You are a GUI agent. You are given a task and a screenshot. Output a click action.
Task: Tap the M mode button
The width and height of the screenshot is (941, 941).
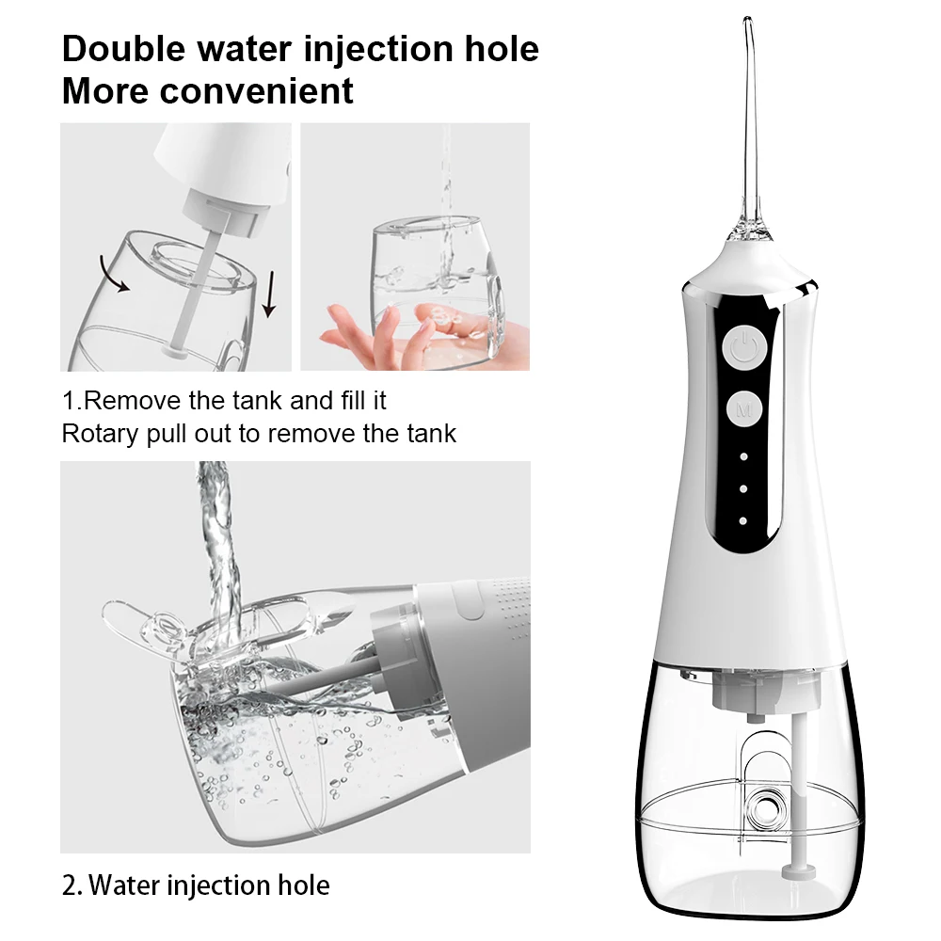click(x=744, y=409)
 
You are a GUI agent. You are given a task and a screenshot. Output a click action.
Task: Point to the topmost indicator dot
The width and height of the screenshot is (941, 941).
click(x=743, y=457)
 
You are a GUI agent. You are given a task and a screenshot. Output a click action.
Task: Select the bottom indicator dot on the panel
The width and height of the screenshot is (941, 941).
click(x=743, y=520)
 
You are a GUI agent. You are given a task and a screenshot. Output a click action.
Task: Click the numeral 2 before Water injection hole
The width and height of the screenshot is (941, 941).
click(x=68, y=885)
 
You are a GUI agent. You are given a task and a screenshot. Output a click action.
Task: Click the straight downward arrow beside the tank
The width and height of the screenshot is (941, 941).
click(x=269, y=293)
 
